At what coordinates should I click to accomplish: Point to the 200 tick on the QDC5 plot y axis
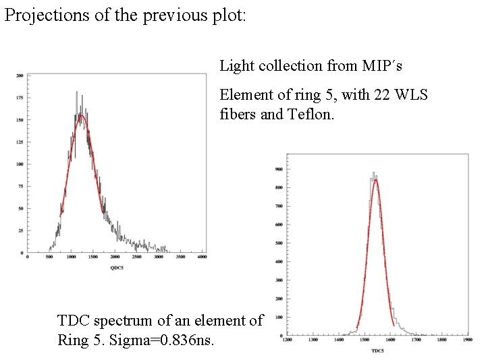point(20,75)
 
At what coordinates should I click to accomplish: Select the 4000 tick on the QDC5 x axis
point(201,257)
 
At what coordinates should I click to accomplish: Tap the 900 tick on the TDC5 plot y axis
point(278,169)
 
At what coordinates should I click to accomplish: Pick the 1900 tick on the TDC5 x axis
point(468,340)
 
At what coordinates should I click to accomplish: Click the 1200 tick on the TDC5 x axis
point(288,340)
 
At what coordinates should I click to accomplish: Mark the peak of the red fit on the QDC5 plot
point(81,115)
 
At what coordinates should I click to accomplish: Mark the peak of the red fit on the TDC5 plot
point(375,179)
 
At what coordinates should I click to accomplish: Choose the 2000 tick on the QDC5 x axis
point(115,257)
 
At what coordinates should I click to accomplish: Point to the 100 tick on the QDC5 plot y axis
point(20,164)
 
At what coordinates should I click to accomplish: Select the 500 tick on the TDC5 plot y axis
point(278,243)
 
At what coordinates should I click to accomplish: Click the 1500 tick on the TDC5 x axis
point(364,340)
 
